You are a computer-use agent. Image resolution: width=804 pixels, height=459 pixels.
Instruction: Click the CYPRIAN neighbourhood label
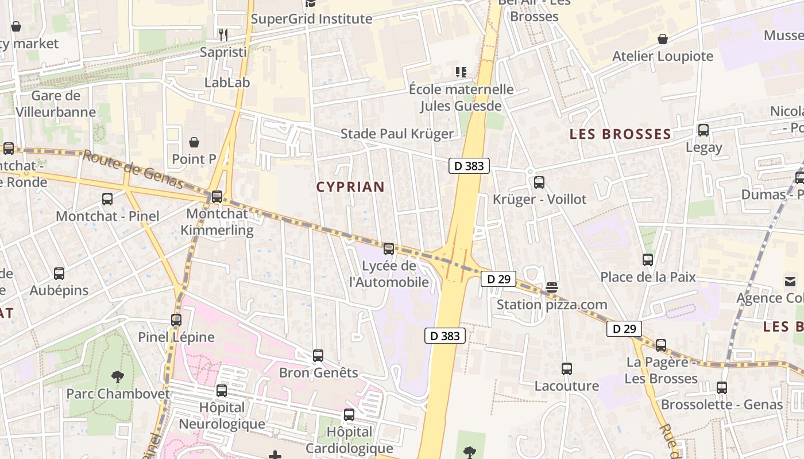point(350,187)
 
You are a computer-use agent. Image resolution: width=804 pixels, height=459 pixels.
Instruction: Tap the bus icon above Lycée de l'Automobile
point(389,249)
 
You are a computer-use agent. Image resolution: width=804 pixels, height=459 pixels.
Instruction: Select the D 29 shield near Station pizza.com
point(498,279)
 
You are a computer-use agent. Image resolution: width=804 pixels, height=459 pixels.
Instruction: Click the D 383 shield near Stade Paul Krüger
point(469,166)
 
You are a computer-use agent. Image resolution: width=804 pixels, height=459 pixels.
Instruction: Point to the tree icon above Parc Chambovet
point(118,377)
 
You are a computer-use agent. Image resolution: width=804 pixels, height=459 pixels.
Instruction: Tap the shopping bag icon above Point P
point(195,142)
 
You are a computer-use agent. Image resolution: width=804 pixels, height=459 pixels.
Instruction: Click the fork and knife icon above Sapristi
point(223,35)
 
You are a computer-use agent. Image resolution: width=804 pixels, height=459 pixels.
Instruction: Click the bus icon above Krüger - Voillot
point(539,182)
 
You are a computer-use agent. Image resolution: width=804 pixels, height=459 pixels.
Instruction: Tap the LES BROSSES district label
point(620,134)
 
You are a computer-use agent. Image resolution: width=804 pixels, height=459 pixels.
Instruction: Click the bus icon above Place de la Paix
point(648,260)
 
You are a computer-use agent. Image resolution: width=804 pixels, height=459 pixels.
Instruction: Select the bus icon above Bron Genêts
point(318,356)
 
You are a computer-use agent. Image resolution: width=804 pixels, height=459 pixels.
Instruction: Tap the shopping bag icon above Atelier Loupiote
point(663,39)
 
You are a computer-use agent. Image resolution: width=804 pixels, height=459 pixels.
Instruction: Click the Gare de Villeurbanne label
point(56,104)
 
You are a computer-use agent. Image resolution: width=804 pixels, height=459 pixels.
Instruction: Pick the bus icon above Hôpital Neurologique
point(222,391)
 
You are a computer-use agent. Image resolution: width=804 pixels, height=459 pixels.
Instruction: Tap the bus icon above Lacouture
point(567,369)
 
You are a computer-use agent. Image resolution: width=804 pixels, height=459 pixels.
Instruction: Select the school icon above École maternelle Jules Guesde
point(461,72)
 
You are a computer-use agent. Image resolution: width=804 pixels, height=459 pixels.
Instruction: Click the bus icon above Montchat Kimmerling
point(217,197)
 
